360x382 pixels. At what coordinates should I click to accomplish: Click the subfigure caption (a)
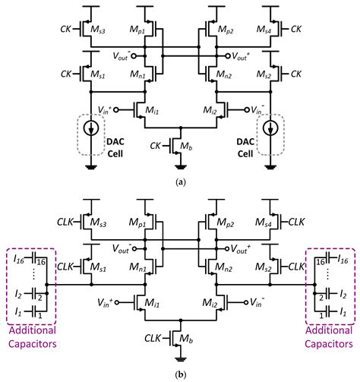[x=179, y=182]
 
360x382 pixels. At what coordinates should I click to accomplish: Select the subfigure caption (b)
[x=179, y=373]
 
